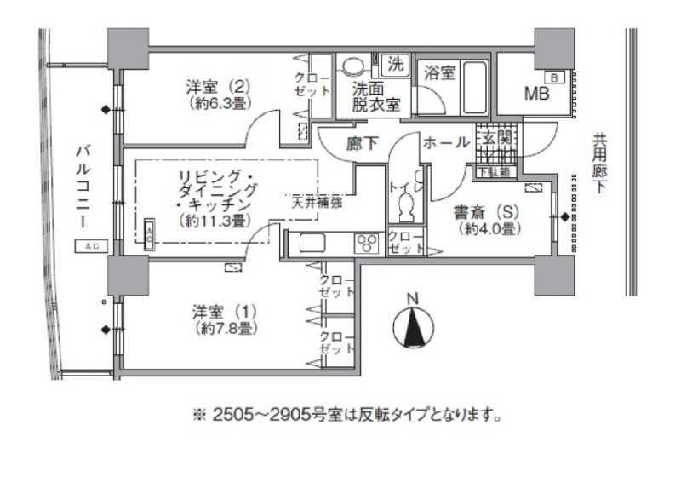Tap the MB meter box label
(535, 93)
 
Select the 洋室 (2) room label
(217, 93)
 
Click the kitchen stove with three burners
(368, 244)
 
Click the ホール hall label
(443, 144)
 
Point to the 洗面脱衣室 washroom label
(372, 96)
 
